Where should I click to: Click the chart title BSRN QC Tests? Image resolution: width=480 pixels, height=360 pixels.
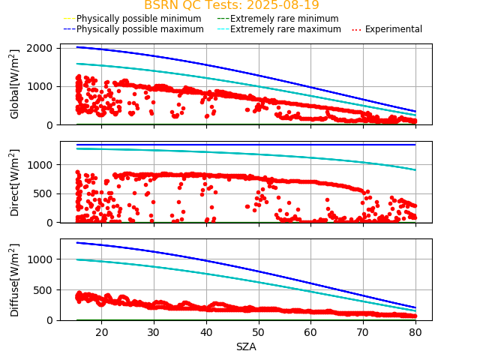click(x=232, y=5)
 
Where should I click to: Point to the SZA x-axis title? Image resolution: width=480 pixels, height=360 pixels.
click(x=246, y=346)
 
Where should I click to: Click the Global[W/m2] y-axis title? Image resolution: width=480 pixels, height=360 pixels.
click(x=15, y=84)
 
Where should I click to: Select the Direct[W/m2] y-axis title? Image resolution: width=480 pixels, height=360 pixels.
click(x=15, y=182)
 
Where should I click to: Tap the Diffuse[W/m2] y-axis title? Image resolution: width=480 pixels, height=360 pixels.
click(x=15, y=280)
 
